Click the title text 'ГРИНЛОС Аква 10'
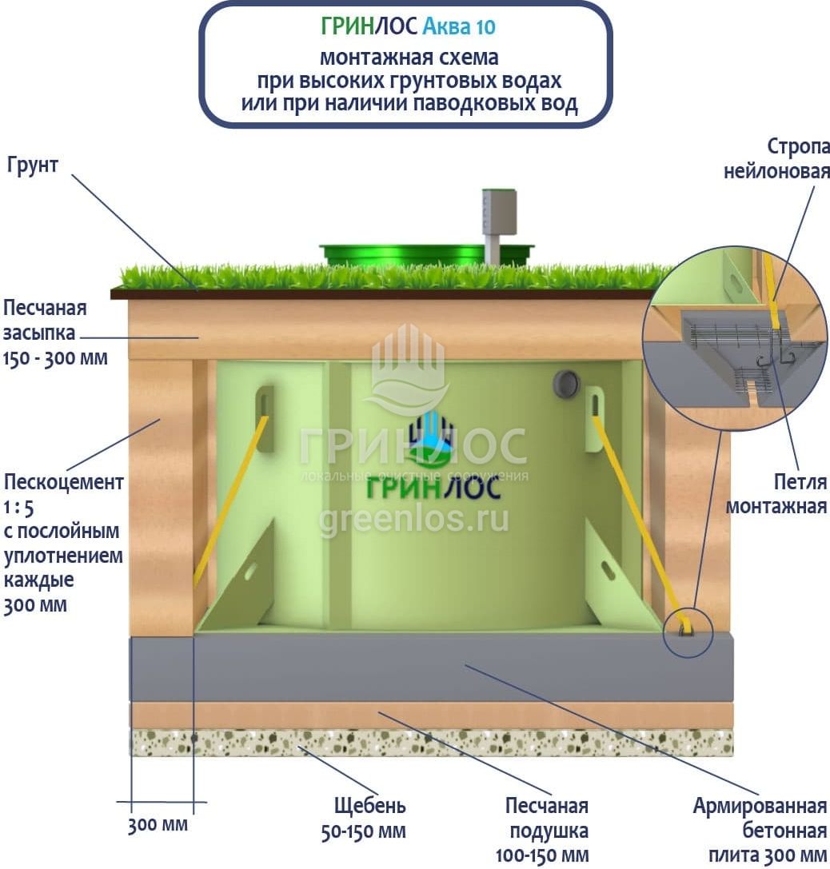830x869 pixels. tap(408, 27)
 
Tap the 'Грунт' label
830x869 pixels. tap(34, 166)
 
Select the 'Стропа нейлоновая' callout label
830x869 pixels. tap(776, 159)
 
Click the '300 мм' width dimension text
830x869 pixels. tap(158, 824)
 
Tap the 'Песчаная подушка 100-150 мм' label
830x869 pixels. tap(541, 830)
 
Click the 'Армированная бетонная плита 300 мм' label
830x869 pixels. tap(759, 830)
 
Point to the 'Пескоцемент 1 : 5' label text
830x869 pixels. tap(63, 494)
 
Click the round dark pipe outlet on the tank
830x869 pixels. tap(567, 384)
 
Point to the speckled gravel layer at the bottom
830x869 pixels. tap(432, 742)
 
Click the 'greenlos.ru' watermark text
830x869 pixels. tap(413, 520)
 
